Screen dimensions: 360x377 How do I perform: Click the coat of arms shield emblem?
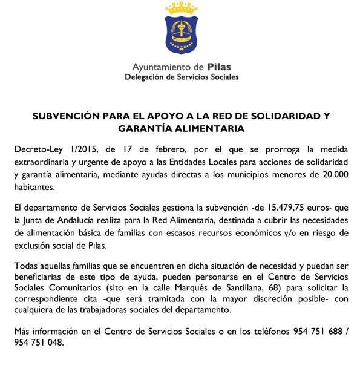point(181,35)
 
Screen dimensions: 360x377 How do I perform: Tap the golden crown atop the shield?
point(181,8)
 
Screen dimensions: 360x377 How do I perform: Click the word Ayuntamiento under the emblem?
point(163,67)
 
